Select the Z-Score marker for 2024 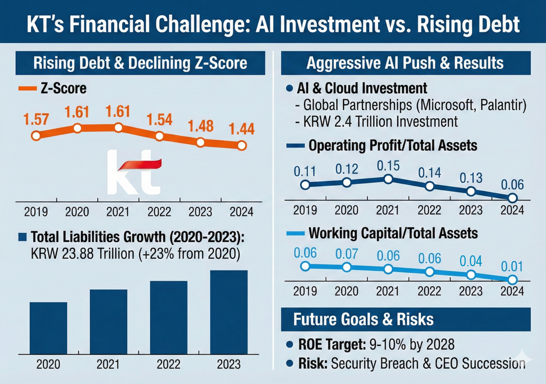tap(241, 145)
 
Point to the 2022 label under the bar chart tap(169, 365)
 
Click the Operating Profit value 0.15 tap(388, 165)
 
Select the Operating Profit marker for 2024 tap(512, 198)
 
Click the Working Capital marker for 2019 tap(305, 266)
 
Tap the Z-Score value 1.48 tap(200, 126)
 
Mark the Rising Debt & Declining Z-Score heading tap(139, 64)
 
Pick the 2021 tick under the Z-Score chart tap(118, 212)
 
